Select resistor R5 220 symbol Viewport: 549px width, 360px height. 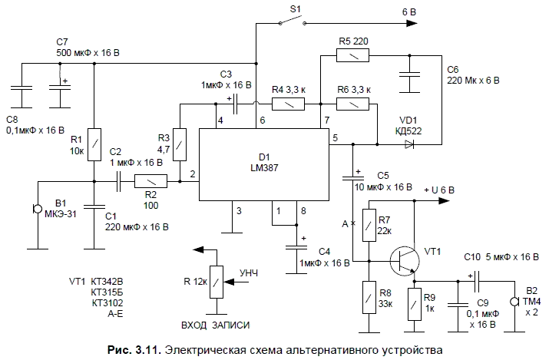353,55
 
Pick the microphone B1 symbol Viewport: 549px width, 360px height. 35,210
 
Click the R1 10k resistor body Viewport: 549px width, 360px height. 94,144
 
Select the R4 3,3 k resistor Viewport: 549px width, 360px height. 289,102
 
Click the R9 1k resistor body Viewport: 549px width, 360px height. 416,302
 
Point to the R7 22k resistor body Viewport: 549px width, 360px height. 369,223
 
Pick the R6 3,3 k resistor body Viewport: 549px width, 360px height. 353,102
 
